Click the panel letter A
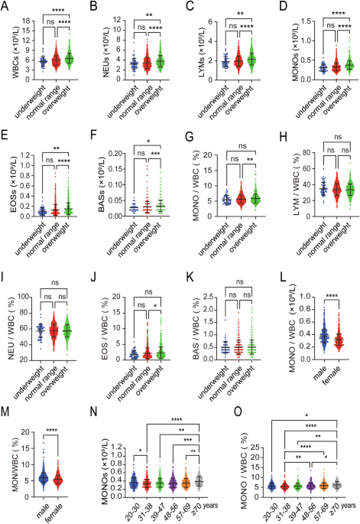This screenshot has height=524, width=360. tap(6, 7)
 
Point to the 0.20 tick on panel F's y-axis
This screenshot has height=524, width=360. tap(113, 153)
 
